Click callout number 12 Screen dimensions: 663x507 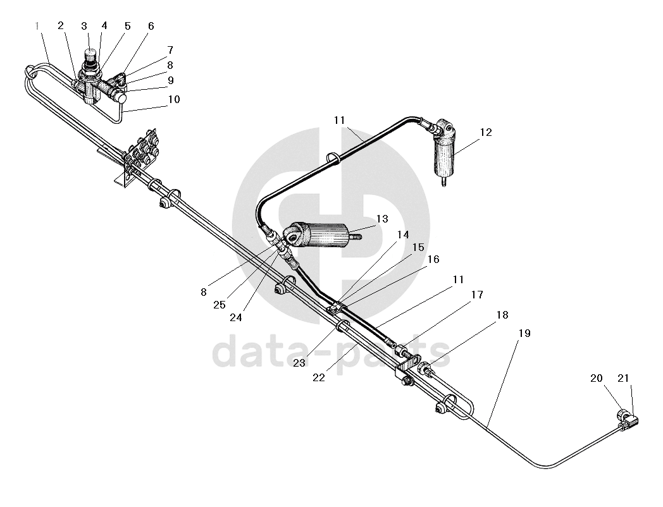click(x=486, y=132)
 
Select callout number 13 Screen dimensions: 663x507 click(x=382, y=219)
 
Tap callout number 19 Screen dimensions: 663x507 click(x=524, y=333)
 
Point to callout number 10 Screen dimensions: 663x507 click(x=174, y=99)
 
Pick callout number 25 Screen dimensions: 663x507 click(x=220, y=305)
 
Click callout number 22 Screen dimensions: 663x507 click(x=319, y=377)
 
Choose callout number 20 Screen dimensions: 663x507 click(x=596, y=378)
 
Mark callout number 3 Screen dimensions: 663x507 click(x=84, y=26)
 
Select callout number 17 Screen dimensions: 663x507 click(x=477, y=295)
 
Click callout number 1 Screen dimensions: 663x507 click(x=37, y=26)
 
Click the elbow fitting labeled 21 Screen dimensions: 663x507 click(x=629, y=421)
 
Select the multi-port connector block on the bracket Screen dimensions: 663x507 click(x=141, y=155)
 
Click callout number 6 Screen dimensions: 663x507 click(x=151, y=26)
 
